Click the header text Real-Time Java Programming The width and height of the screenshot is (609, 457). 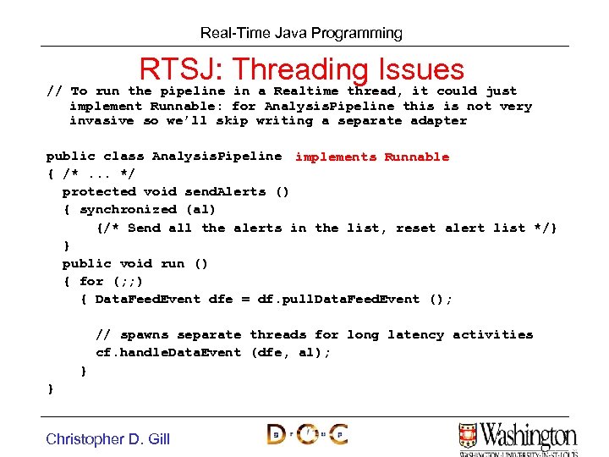(301, 34)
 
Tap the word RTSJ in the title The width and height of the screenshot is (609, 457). (179, 69)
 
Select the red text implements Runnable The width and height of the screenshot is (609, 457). (372, 157)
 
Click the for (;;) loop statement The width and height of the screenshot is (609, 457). (112, 281)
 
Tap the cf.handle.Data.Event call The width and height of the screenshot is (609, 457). (168, 352)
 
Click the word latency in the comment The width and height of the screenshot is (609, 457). (415, 334)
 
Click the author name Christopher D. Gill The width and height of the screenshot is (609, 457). (107, 438)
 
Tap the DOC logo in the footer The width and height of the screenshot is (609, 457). (307, 434)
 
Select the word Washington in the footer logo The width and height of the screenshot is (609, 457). (529, 435)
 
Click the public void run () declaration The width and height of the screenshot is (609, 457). (135, 263)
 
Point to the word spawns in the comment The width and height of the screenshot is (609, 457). (144, 334)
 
